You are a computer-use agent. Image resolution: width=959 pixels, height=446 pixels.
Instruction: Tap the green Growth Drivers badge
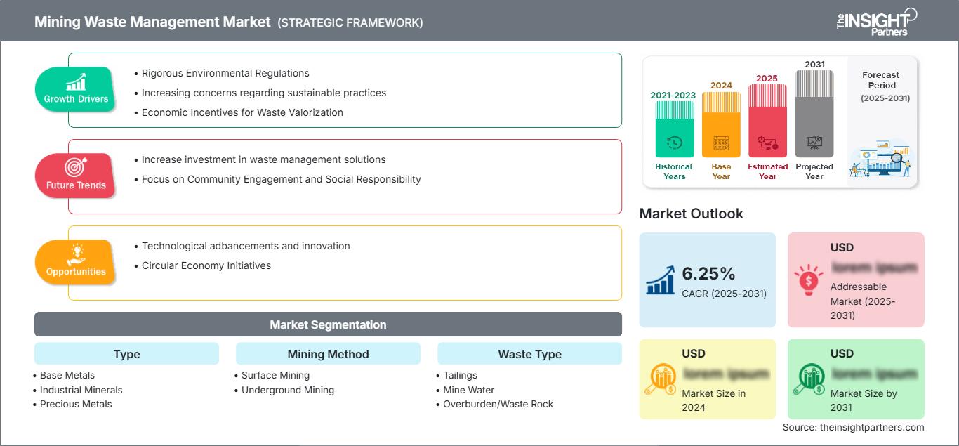pos(76,88)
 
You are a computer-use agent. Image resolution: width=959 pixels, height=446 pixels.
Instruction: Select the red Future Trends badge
pos(75,175)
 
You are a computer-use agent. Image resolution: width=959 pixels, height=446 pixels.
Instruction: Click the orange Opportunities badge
pos(76,261)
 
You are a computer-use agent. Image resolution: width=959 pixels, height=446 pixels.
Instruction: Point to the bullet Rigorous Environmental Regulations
pos(225,73)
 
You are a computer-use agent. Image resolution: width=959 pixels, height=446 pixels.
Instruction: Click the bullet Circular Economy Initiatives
pos(206,265)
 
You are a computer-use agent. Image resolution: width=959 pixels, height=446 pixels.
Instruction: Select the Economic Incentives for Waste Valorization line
pos(242,112)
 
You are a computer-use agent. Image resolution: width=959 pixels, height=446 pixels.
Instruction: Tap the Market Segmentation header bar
pos(328,324)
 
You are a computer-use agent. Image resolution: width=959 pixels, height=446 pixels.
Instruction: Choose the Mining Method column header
pos(328,354)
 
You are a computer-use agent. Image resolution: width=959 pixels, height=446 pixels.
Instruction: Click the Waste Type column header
pos(529,354)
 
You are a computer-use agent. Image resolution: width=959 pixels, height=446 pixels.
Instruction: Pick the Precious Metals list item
pos(76,404)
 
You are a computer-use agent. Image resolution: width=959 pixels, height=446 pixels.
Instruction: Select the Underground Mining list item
pos(287,390)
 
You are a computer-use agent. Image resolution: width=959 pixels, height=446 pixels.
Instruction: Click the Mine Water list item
pos(468,390)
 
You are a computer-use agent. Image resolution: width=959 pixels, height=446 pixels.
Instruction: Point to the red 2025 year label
pos(767,78)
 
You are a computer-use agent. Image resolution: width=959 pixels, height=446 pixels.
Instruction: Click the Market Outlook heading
pos(691,214)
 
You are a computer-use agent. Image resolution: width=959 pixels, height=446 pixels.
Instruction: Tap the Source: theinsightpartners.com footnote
pos(853,427)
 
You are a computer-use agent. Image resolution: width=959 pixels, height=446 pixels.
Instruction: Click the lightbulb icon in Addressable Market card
pos(808,280)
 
